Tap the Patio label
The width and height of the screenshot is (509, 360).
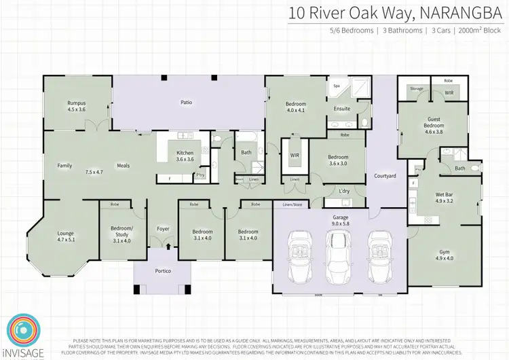point(186,103)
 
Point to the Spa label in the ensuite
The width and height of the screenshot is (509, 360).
point(336,87)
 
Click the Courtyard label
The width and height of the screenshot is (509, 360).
point(385,176)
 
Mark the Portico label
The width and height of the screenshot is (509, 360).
point(163,272)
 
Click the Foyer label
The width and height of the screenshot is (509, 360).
point(163,229)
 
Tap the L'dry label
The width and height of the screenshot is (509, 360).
point(344,191)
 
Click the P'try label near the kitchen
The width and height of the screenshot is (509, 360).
point(200,175)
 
